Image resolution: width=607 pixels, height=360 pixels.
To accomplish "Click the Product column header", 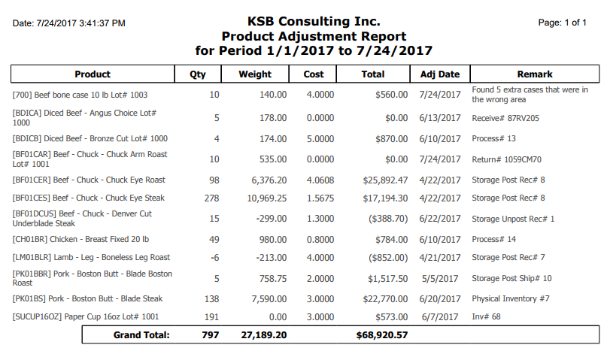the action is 93,74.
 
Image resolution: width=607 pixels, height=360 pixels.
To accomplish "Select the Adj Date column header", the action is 440,74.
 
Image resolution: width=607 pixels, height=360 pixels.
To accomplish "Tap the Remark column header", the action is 535,74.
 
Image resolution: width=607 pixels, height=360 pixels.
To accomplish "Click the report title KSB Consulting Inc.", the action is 314,21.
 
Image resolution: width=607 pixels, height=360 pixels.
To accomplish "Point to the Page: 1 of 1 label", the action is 562,23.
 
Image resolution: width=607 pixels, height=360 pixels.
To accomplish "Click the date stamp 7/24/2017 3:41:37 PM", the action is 81,23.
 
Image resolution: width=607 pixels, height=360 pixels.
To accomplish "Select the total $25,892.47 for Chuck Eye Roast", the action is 385,180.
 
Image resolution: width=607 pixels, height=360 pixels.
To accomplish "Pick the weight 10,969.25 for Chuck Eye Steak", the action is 267,198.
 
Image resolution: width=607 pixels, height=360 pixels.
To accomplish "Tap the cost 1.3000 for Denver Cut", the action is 320,219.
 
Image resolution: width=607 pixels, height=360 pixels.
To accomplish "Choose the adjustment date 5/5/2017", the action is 440,278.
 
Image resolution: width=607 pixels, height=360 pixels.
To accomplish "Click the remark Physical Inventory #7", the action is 511,298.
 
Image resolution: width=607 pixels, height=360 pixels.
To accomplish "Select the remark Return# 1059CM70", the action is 506,159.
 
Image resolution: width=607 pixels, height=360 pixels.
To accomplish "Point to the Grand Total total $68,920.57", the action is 382,335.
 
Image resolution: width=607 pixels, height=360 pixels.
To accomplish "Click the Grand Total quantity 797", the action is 210,335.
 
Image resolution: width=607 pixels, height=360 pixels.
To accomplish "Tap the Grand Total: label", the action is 141,335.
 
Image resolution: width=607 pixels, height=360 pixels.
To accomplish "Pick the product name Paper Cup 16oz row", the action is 86,316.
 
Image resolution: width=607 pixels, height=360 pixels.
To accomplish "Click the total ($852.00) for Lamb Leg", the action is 388,258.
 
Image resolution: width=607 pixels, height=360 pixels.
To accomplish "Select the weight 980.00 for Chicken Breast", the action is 273,239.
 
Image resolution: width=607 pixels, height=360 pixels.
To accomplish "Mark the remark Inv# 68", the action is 486,316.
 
